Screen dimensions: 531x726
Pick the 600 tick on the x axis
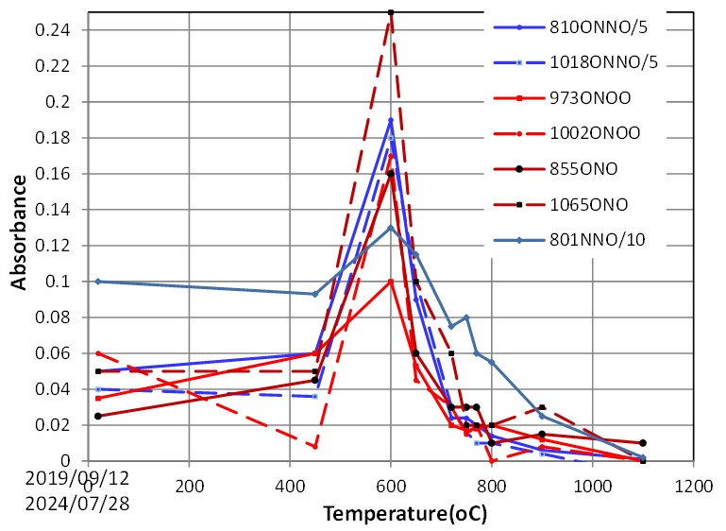coord(391,482)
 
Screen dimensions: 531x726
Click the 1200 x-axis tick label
coord(694,482)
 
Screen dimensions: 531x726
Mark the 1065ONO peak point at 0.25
coord(391,12)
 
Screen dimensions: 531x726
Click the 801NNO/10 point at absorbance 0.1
coord(98,282)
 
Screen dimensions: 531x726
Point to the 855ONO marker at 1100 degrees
coord(643,442)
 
